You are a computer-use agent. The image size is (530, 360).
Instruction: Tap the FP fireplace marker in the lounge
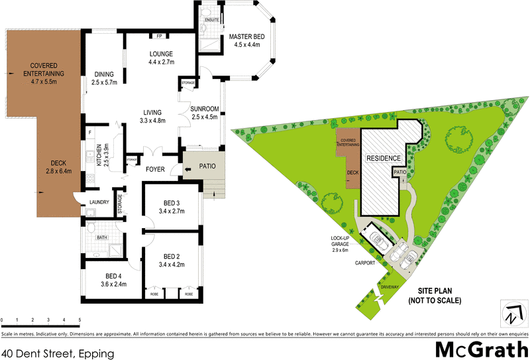click(159, 36)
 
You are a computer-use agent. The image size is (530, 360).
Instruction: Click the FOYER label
click(155, 169)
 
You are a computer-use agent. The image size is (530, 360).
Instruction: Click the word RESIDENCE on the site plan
click(380, 159)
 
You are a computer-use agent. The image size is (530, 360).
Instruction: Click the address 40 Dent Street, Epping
click(58, 353)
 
